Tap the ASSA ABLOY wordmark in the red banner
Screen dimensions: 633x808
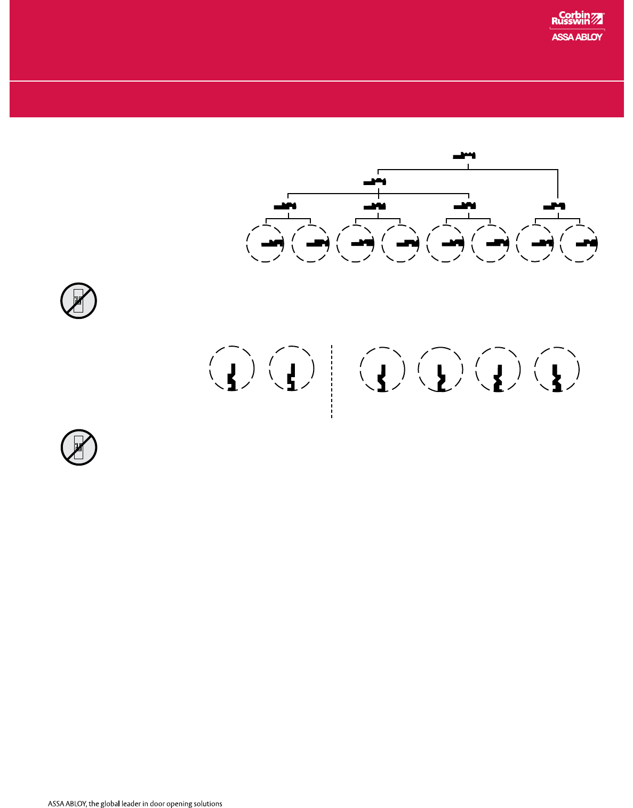[577, 37]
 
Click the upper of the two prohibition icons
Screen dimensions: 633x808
[78, 301]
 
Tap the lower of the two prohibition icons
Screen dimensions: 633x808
[78, 447]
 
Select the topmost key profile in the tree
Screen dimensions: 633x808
[464, 156]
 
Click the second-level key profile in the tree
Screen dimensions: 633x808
[374, 182]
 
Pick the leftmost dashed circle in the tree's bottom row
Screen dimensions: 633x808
[265, 244]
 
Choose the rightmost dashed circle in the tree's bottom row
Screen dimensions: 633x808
[580, 244]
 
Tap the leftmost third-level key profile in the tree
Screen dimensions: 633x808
[285, 206]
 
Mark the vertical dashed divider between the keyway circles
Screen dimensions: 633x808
[332, 381]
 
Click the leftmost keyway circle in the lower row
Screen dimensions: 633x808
[232, 369]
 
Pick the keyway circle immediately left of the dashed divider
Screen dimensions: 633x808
[292, 369]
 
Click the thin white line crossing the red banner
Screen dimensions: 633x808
[316, 81]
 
